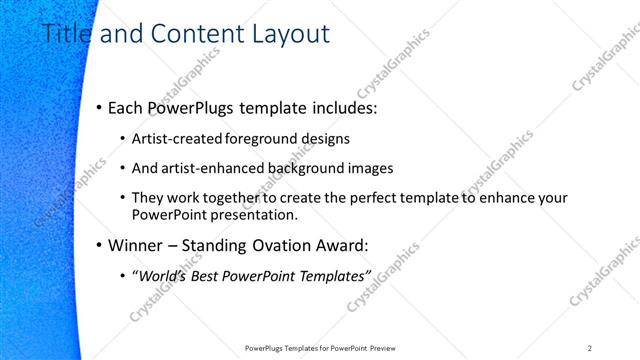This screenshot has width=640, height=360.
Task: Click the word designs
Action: pyautogui.click(x=326, y=139)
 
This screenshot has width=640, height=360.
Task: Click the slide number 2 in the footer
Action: pyautogui.click(x=590, y=348)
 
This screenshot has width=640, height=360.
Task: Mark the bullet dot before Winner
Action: pyautogui.click(x=99, y=245)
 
